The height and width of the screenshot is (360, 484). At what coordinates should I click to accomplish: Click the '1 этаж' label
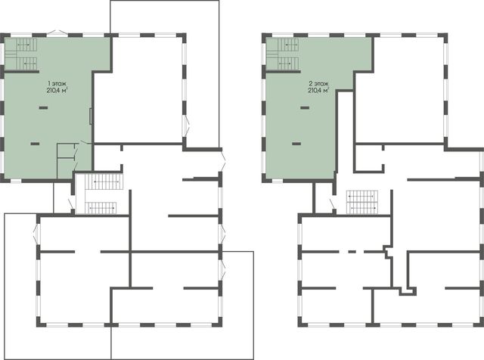point(57,84)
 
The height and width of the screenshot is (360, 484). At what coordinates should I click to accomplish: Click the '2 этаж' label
point(318,84)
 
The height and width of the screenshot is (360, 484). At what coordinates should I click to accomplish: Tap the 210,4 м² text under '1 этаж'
point(57,91)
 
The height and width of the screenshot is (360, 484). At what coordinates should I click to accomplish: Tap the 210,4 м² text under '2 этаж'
point(318,91)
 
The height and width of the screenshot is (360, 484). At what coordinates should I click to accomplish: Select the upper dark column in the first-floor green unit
point(43,107)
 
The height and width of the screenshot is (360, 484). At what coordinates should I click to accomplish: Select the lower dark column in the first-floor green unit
point(35,144)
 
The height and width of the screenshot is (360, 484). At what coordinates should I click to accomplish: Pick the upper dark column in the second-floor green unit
point(305,107)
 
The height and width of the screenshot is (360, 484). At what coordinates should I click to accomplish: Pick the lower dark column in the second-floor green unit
point(296,144)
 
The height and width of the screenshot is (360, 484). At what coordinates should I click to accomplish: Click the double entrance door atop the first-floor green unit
point(57,32)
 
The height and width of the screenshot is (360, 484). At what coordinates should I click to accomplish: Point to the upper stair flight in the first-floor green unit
point(26,45)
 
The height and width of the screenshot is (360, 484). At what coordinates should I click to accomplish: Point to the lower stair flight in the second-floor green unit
point(287,64)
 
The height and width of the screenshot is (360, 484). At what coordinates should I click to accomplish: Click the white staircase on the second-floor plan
point(361,202)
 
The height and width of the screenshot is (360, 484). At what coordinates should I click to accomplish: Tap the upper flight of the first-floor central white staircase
point(103,182)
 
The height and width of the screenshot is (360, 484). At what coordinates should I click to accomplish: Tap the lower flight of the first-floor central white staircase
point(101,208)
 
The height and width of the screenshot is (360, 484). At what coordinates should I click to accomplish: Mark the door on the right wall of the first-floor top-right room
point(187,126)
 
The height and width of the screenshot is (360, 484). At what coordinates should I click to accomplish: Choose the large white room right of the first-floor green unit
point(138,90)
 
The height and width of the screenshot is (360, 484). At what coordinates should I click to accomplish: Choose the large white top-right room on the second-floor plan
point(400,90)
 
